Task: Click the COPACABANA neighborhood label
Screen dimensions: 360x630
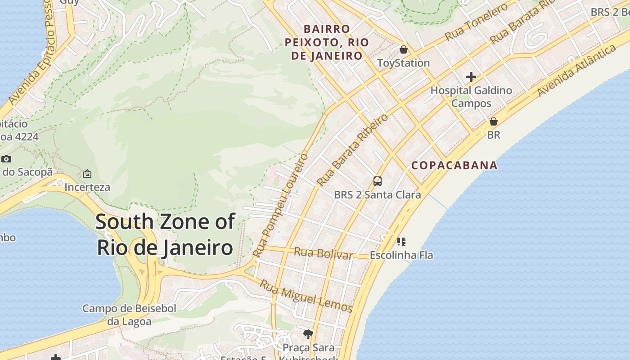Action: pos(454,165)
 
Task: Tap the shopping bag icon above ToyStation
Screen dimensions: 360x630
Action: pos(404,49)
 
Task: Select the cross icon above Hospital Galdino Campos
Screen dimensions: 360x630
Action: pos(471,77)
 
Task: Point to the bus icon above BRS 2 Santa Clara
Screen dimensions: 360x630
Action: pos(378,181)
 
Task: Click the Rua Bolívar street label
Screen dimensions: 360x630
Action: pos(323,253)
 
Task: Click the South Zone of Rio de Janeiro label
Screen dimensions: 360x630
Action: pos(165,234)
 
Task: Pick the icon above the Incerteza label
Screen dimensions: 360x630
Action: pos(87,174)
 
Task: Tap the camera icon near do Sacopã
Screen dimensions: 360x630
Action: pos(6,159)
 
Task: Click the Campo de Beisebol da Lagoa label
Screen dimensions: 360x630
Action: pos(129,315)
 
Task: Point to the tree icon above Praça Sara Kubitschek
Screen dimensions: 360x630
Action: pos(308,334)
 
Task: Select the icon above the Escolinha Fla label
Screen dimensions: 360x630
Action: pos(401,242)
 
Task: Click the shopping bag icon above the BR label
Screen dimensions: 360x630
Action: pos(494,121)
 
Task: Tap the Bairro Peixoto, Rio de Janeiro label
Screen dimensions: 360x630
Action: pos(327,42)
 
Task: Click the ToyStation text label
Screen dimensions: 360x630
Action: pos(403,63)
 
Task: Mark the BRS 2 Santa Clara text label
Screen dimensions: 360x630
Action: pos(378,195)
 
